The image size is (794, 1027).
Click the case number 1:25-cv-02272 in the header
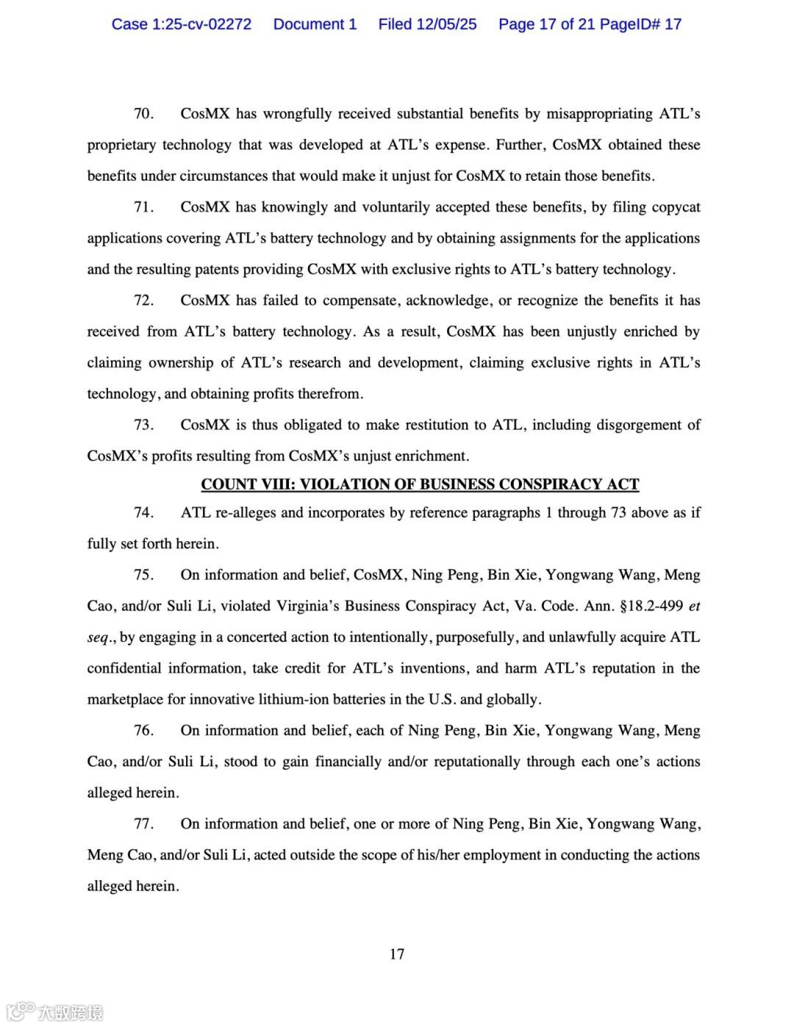(x=201, y=24)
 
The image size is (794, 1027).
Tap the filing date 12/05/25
(x=446, y=24)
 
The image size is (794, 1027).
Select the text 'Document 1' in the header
(x=315, y=24)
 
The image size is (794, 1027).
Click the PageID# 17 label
(x=640, y=24)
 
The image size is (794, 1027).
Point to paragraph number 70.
(x=143, y=114)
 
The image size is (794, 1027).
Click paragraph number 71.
(x=143, y=207)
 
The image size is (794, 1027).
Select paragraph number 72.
(x=143, y=300)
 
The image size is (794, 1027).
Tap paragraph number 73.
(x=143, y=425)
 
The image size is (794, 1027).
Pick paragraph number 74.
(x=143, y=512)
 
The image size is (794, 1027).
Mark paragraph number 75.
(x=143, y=574)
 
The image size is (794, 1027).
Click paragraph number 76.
(x=143, y=730)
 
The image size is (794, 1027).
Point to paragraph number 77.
(x=143, y=824)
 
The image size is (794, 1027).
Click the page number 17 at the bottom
(x=397, y=954)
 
